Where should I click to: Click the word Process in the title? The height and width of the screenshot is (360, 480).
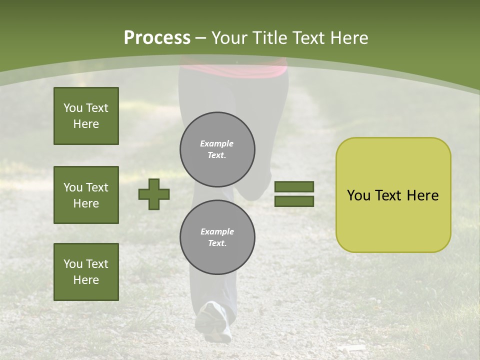(157, 38)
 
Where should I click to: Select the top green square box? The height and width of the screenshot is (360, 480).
(86, 116)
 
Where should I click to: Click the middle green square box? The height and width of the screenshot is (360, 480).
(86, 195)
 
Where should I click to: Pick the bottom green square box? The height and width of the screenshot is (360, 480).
(86, 272)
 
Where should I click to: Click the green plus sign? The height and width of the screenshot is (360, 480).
(154, 194)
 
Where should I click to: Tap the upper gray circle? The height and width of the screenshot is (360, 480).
(217, 149)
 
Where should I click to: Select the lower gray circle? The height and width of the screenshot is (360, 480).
(217, 237)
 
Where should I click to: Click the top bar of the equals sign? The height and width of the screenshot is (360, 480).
(294, 187)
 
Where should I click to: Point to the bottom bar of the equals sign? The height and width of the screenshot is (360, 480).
(294, 201)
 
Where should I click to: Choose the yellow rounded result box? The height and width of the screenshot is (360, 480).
(393, 195)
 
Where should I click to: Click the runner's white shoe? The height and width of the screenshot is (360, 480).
(214, 320)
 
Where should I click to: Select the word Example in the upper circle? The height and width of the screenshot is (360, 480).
(217, 143)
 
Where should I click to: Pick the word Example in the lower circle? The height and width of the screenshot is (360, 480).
(217, 231)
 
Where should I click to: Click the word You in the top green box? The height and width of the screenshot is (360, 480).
(73, 108)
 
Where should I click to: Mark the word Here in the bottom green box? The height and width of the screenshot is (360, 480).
(86, 280)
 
